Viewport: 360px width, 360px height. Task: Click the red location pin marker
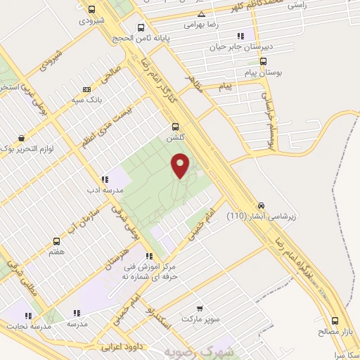point(181,165)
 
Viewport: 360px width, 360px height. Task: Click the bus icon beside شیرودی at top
point(92,10)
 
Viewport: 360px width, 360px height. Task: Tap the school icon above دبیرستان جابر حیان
point(240,36)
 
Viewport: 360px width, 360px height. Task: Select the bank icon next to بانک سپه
point(86,89)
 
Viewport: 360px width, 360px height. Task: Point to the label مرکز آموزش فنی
point(148,268)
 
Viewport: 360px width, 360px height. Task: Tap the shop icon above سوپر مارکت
point(200,307)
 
